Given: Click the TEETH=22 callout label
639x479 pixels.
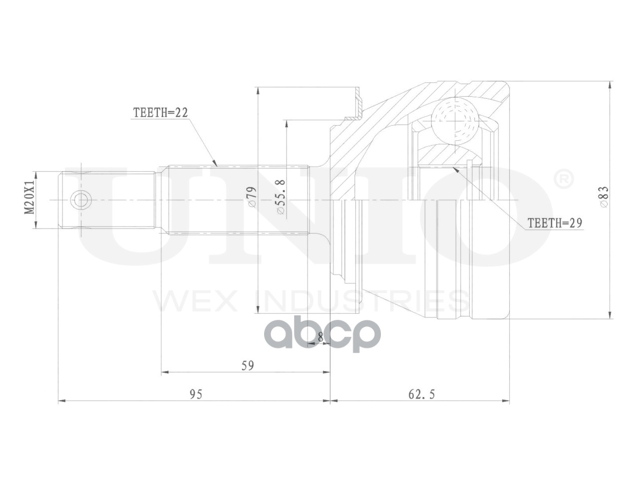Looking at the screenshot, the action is pos(160,113).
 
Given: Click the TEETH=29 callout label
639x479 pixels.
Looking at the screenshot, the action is pos(555,223).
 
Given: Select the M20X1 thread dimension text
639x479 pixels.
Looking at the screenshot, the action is pos(29,197).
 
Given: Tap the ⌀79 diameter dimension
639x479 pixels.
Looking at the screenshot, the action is pos(252,197).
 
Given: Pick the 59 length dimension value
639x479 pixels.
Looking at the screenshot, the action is pos(248,366).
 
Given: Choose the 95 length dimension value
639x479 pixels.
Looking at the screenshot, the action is pos(196,394).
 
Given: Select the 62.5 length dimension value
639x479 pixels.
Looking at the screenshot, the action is pos(421,394).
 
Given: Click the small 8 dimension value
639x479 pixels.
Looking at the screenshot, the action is pos(320,337).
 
